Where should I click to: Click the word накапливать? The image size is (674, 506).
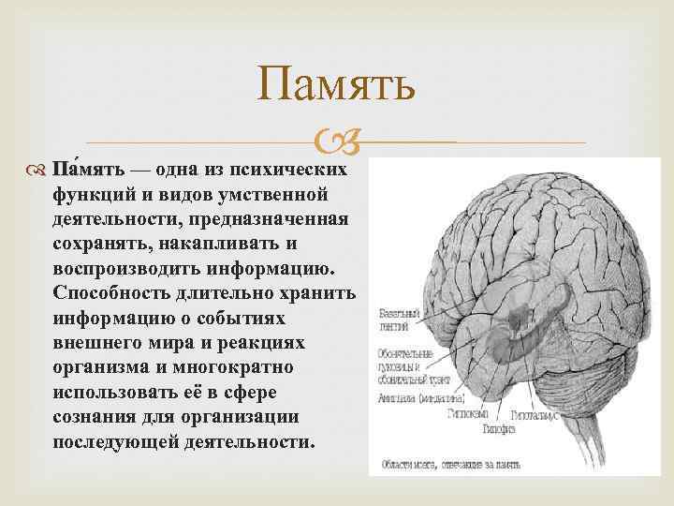point(212,244)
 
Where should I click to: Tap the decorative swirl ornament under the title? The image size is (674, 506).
point(336,141)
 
